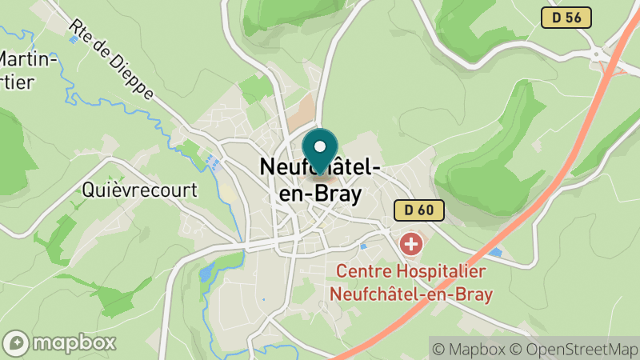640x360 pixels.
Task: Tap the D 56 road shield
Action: click(x=566, y=18)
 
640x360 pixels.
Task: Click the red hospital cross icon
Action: click(x=411, y=242)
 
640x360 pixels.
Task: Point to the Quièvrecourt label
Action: click(x=139, y=190)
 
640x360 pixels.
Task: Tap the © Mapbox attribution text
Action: click(x=471, y=349)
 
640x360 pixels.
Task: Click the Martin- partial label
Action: click(x=29, y=59)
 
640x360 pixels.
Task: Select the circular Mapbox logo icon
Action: click(x=16, y=342)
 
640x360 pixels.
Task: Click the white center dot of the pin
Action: click(x=320, y=146)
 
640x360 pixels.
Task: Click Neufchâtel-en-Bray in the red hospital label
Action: click(x=411, y=294)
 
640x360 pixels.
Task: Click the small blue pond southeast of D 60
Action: click(x=495, y=253)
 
